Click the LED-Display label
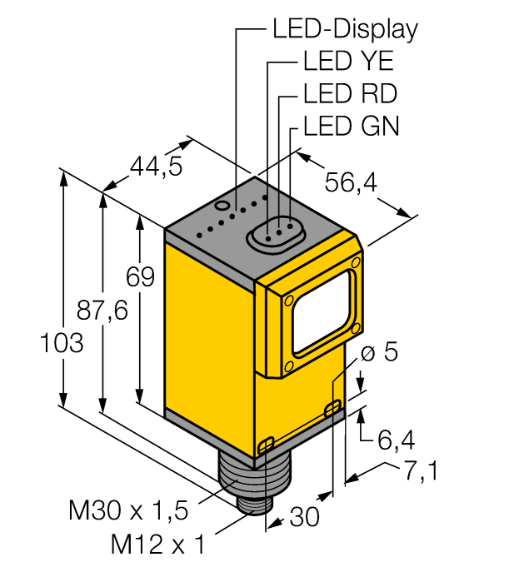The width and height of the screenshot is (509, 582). tap(344, 30)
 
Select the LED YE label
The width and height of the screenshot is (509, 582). tap(348, 62)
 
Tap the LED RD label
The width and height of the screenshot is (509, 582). tap(349, 93)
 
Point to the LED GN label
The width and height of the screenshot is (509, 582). tap(351, 125)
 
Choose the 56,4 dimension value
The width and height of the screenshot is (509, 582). tap(349, 182)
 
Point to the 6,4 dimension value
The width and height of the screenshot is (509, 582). tap(396, 438)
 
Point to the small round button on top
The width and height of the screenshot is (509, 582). tap(222, 204)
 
